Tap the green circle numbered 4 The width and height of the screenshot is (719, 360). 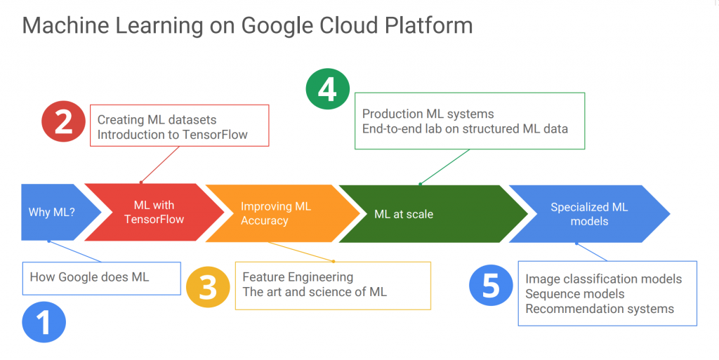coord(327,91)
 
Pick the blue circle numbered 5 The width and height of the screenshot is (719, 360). coord(491,286)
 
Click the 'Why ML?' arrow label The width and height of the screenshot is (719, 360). coord(53,213)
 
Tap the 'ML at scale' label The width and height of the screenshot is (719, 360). coord(404,213)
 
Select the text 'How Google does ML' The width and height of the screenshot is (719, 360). coord(89,276)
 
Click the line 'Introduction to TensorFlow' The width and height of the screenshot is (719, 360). coord(172,134)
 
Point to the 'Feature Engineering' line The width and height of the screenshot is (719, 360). coord(298,276)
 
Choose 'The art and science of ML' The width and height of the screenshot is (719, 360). coord(315,291)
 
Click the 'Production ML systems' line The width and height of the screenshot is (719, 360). coord(428,114)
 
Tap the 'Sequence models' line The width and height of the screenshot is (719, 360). coord(574,293)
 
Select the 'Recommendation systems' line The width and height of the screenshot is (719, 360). coord(599,309)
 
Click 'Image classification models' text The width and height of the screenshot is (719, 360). coord(603,279)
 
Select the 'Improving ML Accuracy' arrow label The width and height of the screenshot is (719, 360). coord(275,213)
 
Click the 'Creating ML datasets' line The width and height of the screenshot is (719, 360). coord(157,119)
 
